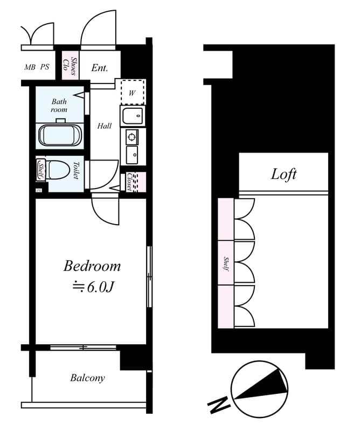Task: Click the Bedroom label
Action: pos(92,266)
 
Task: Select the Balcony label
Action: pos(87,378)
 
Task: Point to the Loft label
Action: pos(283,175)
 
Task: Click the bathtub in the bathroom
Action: pos(60,135)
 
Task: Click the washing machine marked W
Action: pos(132,92)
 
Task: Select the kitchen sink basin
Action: pos(131,116)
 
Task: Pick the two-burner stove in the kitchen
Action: pos(132,137)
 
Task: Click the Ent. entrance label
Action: pos(100,68)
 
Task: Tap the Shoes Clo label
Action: pos(70,65)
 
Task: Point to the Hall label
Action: pos(105,126)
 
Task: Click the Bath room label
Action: pos(59,105)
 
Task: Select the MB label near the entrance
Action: pos(30,68)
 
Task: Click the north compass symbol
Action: pos(259,388)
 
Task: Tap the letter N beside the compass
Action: pos(217,406)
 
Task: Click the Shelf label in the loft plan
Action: pos(226,263)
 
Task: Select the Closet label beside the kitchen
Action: pos(130,182)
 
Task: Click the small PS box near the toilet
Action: pos(39,190)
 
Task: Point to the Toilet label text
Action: pos(76,171)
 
